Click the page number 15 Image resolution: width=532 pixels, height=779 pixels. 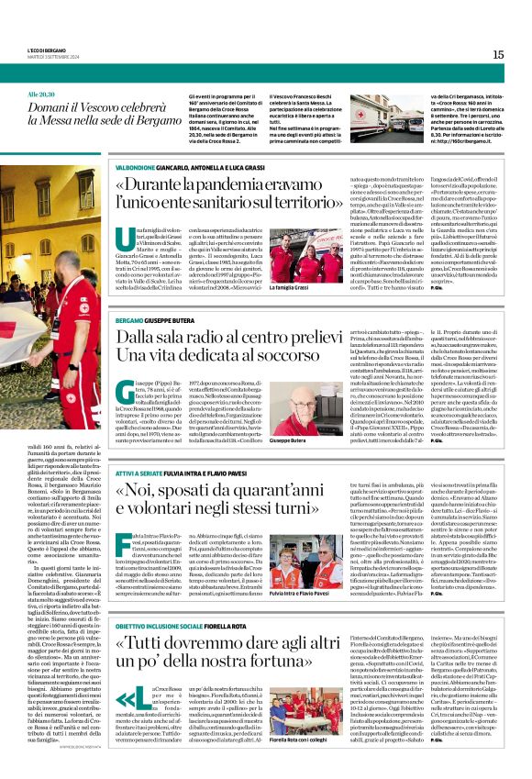click(497, 54)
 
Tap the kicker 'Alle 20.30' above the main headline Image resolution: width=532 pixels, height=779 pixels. click(42, 95)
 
